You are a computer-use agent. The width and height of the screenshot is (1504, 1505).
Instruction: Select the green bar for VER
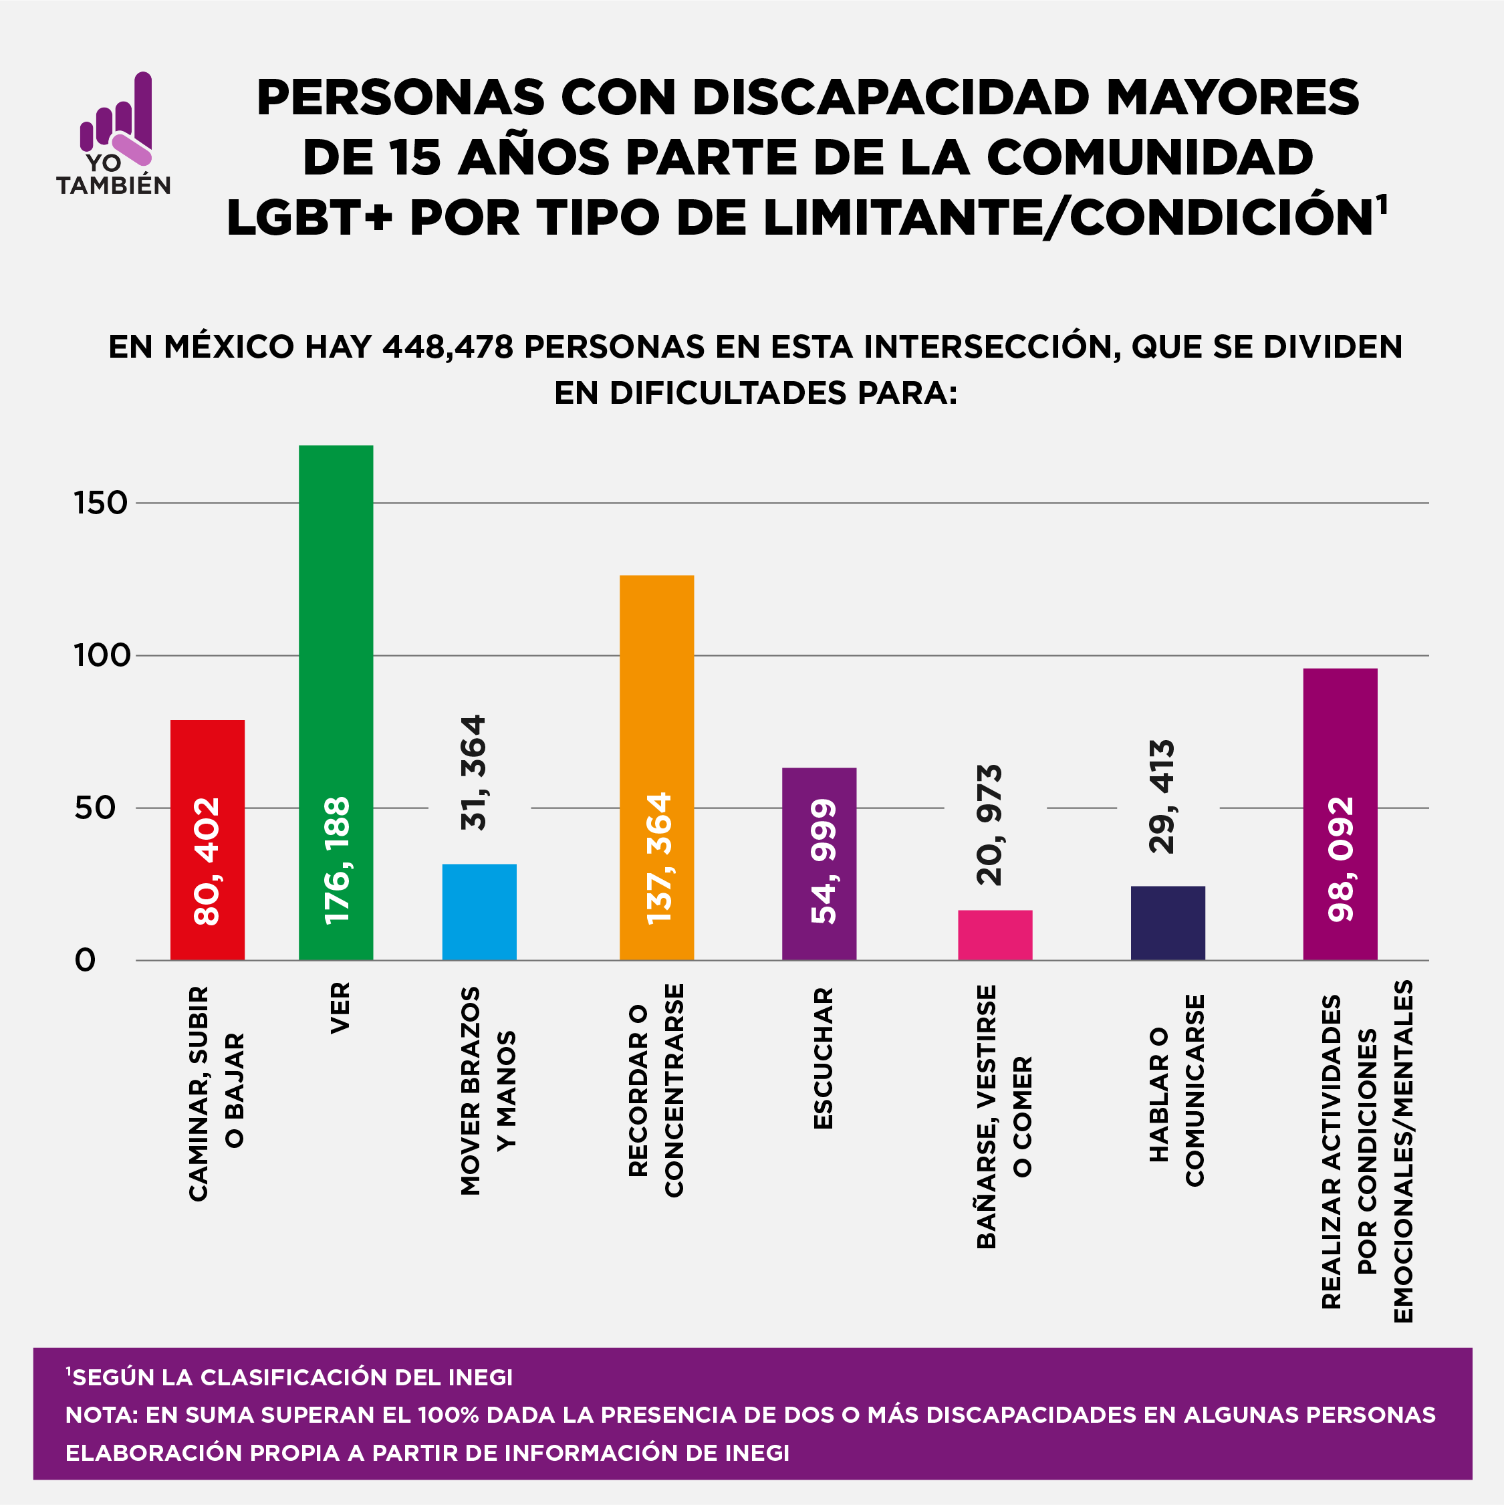tap(336, 623)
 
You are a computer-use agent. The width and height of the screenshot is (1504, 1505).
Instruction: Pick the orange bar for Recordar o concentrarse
tap(656, 701)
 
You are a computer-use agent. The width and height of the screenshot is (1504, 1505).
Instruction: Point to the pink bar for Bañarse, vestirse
tap(995, 935)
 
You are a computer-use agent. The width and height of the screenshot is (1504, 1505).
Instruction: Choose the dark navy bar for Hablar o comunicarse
tap(1168, 923)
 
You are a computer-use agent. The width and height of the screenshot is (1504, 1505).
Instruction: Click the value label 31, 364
tap(473, 773)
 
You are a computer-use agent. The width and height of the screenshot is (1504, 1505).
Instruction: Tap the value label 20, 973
tap(989, 826)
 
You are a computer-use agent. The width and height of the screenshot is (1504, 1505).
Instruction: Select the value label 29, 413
tap(1161, 797)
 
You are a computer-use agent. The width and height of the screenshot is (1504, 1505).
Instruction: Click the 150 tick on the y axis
tap(100, 503)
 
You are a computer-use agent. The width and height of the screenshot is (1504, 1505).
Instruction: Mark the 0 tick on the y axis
tap(85, 961)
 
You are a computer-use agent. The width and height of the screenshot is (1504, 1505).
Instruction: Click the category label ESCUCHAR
tap(824, 1058)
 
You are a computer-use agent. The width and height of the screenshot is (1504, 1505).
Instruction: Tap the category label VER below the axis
tap(340, 1008)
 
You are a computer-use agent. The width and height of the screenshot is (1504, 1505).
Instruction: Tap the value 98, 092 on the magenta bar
tap(1340, 859)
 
